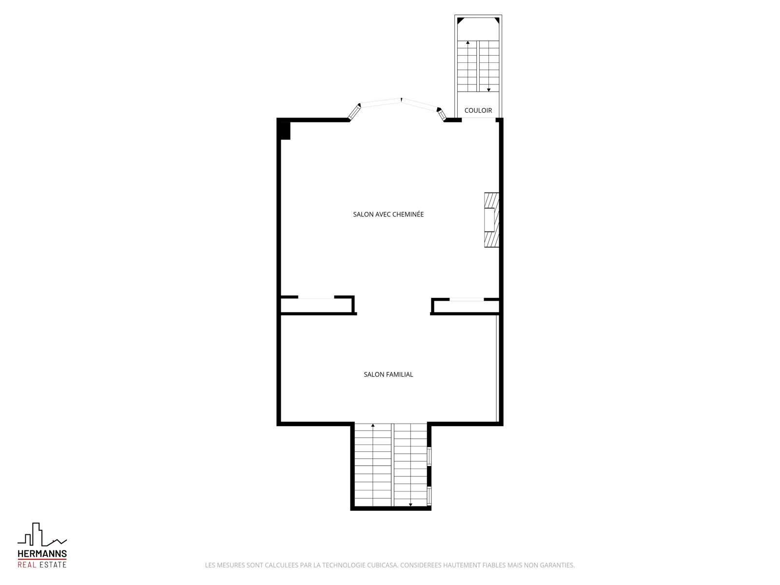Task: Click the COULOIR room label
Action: (478, 111)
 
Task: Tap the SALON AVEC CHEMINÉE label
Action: (388, 214)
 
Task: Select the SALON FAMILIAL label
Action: (388, 374)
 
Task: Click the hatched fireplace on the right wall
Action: (491, 220)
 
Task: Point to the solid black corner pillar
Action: (285, 131)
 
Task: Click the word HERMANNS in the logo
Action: (42, 554)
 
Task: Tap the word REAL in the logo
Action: (27, 565)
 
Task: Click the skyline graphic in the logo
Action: (42, 534)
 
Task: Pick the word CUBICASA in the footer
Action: (382, 565)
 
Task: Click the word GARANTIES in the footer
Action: (557, 565)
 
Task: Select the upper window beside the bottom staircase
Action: (429, 456)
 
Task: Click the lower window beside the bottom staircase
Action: (429, 496)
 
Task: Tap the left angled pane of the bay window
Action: (354, 112)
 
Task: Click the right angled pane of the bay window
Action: (441, 114)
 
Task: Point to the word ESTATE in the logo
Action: (53, 565)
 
